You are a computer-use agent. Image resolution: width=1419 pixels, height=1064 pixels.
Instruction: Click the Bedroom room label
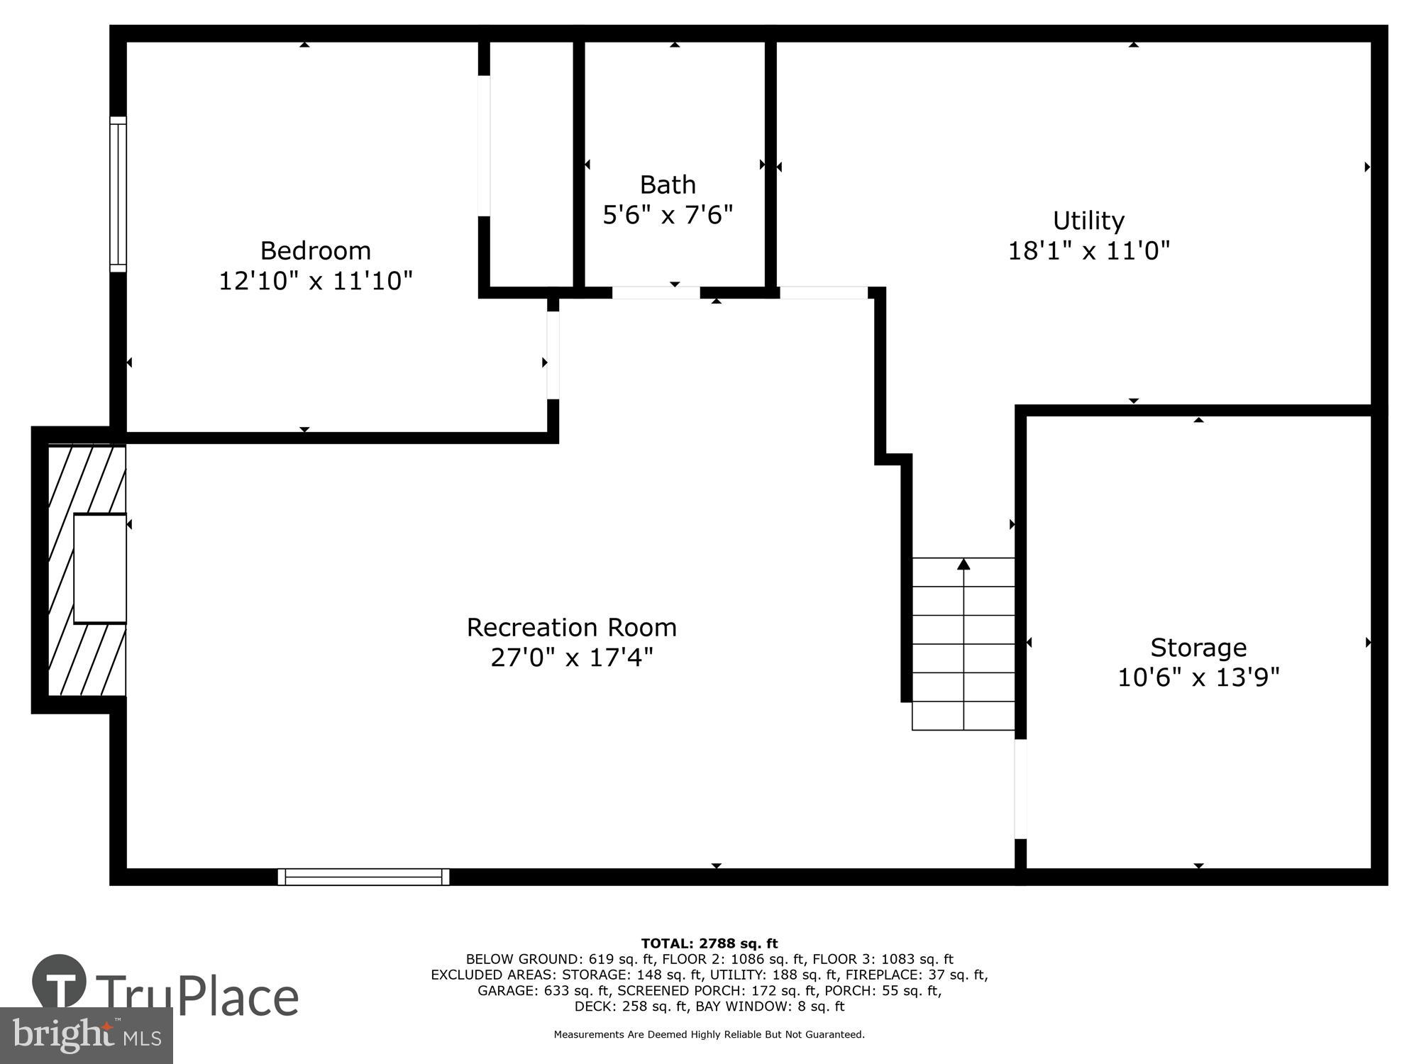point(315,250)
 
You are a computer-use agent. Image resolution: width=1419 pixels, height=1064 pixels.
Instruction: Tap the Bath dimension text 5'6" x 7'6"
point(667,214)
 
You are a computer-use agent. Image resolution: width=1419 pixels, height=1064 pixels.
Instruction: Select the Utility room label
point(1088,221)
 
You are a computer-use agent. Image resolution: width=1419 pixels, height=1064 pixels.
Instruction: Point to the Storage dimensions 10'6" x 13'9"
point(1198,677)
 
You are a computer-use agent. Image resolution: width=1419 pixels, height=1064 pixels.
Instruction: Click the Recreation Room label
point(571,628)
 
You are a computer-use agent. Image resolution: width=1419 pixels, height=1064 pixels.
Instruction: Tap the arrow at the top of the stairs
point(963,565)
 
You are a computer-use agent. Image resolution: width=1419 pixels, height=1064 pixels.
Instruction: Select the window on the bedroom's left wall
point(118,194)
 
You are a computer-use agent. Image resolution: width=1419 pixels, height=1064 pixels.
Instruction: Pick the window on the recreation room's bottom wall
point(363,877)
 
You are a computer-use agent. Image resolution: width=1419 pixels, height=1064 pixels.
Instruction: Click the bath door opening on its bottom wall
point(656,292)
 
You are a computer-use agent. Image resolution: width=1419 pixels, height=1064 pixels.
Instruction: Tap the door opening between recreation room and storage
point(1020,789)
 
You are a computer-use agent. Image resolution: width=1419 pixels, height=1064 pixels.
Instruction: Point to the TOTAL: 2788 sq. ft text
point(709,943)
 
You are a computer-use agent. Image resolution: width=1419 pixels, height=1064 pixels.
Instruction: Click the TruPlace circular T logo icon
point(60,982)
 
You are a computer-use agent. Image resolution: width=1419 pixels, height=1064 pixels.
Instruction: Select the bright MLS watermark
point(86,1036)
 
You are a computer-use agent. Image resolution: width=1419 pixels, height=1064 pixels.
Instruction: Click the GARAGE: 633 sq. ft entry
point(543,990)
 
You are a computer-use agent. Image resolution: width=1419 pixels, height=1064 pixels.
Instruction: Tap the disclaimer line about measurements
point(709,1035)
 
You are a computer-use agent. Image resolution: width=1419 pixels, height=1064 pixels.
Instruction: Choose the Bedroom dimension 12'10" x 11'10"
point(315,281)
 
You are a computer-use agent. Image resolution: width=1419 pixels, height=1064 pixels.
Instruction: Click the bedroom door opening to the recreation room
point(553,355)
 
